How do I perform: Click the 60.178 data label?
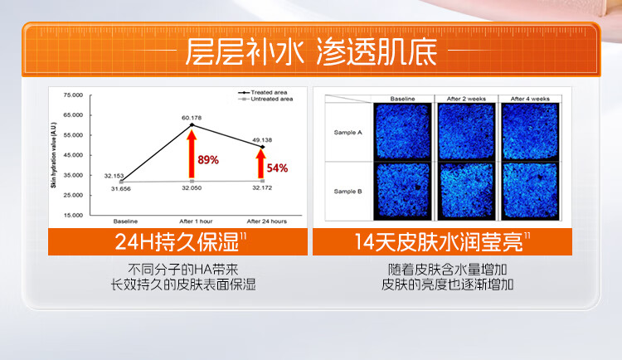tap(192, 118)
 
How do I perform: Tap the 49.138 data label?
tap(262, 139)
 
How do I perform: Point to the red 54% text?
tap(277, 168)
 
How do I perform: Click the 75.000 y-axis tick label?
tap(72, 95)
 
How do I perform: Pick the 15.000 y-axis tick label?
tap(72, 215)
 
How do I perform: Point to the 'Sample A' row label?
tap(347, 132)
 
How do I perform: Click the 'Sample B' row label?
tap(347, 191)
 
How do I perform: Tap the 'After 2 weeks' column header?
tap(465, 98)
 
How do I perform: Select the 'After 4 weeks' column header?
tap(530, 98)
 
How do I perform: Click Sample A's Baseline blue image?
tap(402, 131)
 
